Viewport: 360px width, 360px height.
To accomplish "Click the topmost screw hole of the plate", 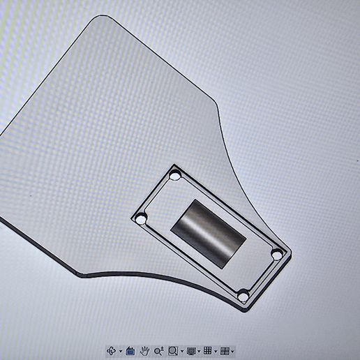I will pyautogui.click(x=175, y=174).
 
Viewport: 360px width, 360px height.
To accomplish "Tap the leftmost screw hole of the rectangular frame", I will pyautogui.click(x=142, y=218).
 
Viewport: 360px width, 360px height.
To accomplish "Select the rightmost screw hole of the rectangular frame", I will pyautogui.click(x=277, y=255).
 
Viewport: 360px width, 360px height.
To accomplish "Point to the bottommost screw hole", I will pyautogui.click(x=243, y=296).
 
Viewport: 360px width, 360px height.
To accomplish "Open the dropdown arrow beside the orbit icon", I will pyautogui.click(x=120, y=350).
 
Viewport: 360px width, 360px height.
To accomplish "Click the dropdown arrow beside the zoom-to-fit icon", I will pyautogui.click(x=182, y=350).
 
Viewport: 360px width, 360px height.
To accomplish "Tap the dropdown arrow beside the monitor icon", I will pyautogui.click(x=200, y=350).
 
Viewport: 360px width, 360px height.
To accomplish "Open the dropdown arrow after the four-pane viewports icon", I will pyautogui.click(x=232, y=350).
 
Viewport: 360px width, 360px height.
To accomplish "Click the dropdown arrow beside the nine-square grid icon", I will pyautogui.click(x=216, y=350).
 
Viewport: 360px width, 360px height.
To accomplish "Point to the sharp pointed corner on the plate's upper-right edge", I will pyautogui.click(x=214, y=105).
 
